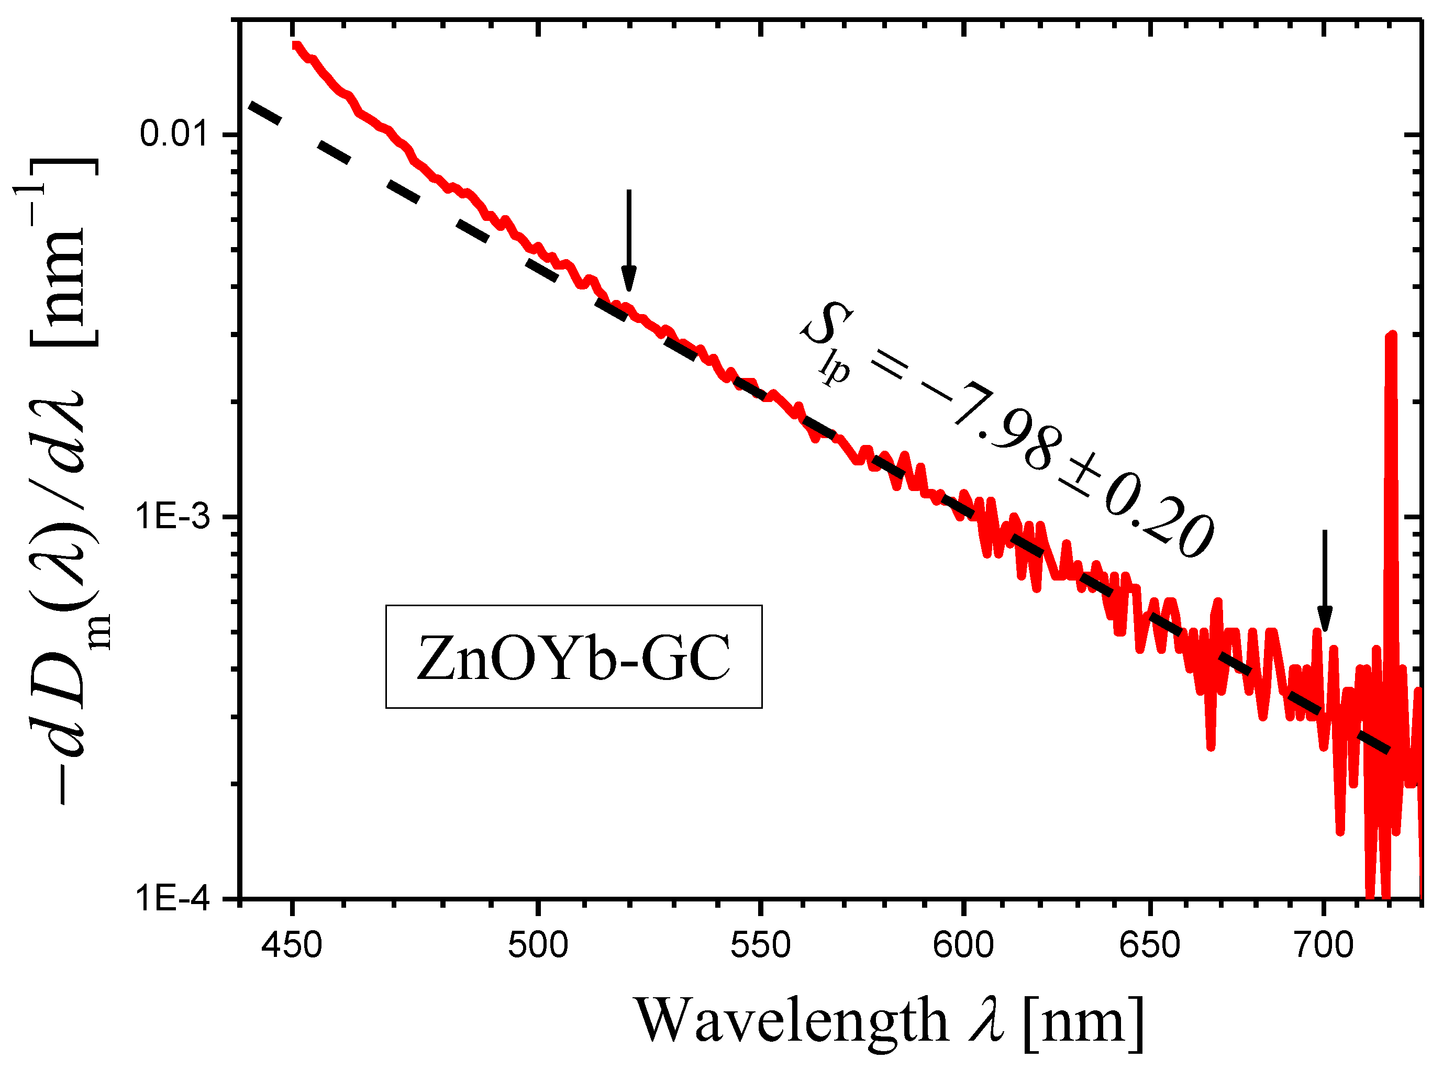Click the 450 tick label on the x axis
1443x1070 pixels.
click(x=292, y=945)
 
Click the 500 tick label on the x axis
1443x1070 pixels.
click(x=538, y=945)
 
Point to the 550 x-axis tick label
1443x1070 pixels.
click(x=760, y=945)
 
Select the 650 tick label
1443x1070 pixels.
click(x=1150, y=945)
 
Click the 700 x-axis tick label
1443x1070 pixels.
click(x=1324, y=945)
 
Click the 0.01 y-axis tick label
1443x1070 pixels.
click(x=174, y=134)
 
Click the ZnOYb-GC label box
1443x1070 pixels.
click(x=573, y=657)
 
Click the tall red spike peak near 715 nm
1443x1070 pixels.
click(x=1391, y=337)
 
